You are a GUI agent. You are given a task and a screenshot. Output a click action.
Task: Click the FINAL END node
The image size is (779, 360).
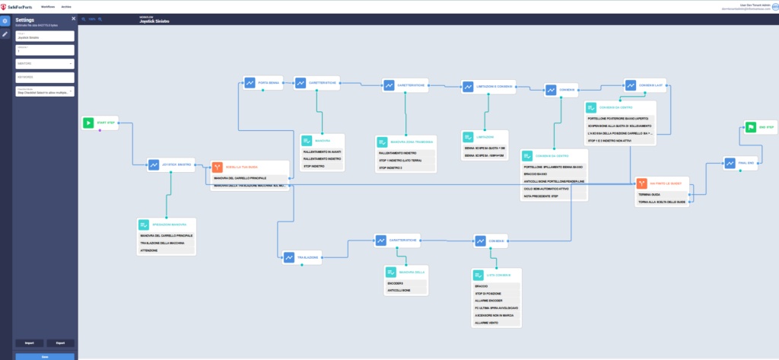click(x=742, y=161)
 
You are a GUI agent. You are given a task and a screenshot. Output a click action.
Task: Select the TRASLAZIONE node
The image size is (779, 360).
click(x=303, y=256)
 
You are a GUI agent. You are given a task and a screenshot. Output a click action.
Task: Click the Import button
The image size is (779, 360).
click(x=30, y=342)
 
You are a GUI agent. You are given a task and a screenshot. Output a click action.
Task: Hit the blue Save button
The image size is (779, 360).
click(x=45, y=356)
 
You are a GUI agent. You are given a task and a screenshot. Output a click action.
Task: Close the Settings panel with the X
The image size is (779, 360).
click(x=73, y=18)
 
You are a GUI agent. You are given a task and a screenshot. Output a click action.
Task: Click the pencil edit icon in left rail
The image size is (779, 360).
click(x=5, y=34)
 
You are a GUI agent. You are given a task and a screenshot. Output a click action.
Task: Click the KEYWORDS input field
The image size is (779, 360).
click(x=45, y=77)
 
